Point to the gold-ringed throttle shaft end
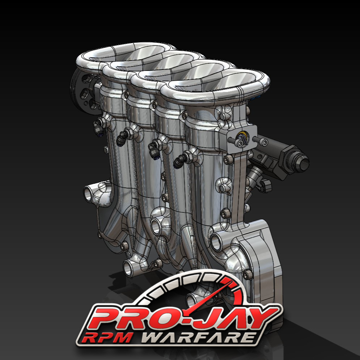[242, 138]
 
